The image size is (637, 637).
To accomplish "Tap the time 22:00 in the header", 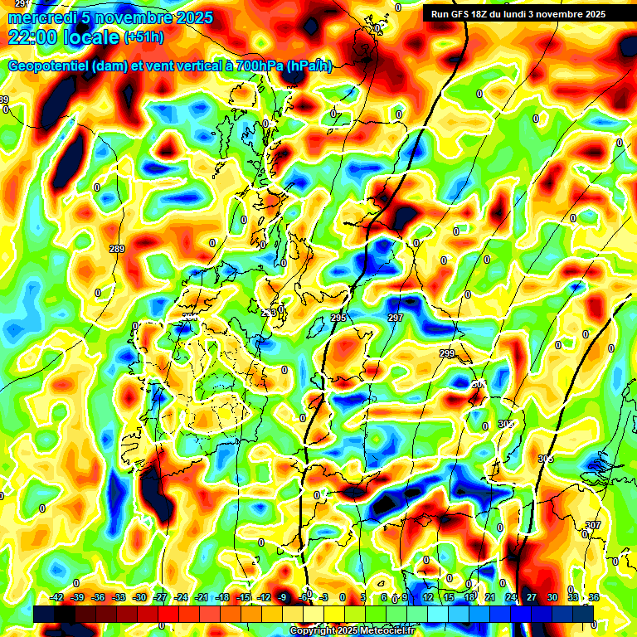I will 35,36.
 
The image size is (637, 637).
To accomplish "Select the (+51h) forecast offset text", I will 143,37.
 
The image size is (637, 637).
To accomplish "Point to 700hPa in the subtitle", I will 257,66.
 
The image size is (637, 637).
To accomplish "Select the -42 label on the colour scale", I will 57,597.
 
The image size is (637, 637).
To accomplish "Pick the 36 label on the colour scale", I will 594,597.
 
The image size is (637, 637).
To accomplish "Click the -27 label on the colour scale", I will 160,597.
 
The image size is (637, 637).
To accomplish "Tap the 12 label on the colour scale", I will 428,597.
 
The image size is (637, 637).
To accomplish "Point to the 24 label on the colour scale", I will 511,597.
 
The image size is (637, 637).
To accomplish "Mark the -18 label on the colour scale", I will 222,597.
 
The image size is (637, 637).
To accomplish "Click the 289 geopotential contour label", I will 117,249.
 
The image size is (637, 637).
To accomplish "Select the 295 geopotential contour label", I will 338,318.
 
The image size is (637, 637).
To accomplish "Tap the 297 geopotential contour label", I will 395,318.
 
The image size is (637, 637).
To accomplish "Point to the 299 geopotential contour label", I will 447,354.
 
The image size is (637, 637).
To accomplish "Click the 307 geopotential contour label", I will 592,525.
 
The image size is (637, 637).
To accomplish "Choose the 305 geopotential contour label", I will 545,459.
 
